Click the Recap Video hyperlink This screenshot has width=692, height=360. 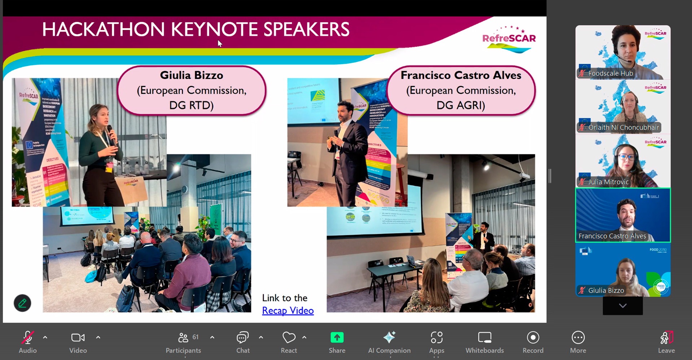tap(288, 311)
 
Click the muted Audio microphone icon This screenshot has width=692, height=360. tap(27, 338)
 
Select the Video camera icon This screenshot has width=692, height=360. tap(78, 338)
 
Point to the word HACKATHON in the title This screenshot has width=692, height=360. tap(103, 30)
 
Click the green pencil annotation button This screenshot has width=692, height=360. tap(22, 303)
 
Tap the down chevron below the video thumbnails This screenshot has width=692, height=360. tap(622, 306)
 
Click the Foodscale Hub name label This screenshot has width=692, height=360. tap(610, 74)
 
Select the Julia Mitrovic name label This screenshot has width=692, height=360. tap(608, 182)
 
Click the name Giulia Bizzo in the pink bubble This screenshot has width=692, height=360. tap(192, 75)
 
